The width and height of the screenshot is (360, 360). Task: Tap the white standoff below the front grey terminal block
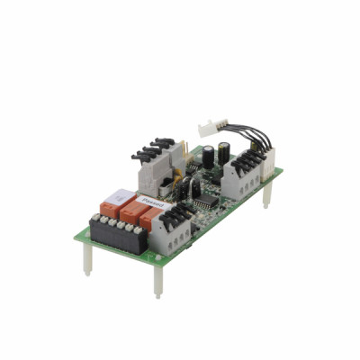coord(157,283)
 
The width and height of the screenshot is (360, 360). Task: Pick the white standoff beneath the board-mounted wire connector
coord(265,200)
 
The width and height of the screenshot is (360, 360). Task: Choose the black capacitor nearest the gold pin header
coord(206,148)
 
